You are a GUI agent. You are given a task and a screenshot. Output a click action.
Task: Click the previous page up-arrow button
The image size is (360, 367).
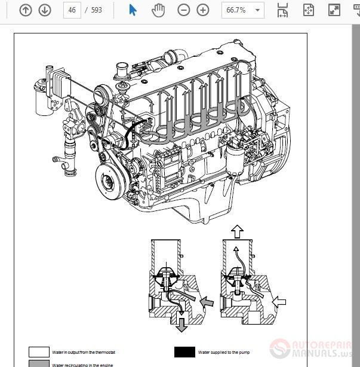click(26, 10)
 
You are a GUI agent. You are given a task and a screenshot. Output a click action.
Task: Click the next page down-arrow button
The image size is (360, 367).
click(45, 10)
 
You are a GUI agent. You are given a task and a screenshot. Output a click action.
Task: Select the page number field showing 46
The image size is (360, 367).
click(72, 10)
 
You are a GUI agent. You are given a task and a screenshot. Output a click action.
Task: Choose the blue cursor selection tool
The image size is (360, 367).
click(133, 10)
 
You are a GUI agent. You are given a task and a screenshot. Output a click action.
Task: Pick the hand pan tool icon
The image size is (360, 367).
click(158, 10)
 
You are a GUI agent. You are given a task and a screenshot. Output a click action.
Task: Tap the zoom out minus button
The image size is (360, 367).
click(184, 10)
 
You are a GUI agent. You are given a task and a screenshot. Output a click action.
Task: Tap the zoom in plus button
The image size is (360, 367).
click(203, 10)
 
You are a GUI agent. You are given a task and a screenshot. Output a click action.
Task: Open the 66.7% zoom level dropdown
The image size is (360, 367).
click(242, 10)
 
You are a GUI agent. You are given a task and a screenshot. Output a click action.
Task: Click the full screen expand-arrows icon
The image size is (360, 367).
click(334, 10)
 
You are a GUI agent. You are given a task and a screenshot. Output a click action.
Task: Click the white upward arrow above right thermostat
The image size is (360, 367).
click(237, 230)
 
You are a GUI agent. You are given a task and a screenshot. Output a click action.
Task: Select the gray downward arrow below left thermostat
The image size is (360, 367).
click(181, 325)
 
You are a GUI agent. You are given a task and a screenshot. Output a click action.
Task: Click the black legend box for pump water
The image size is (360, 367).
click(185, 352)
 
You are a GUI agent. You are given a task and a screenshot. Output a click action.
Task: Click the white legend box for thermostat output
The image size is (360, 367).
click(39, 352)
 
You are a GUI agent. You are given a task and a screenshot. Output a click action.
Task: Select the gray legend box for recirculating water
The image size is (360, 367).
click(39, 363)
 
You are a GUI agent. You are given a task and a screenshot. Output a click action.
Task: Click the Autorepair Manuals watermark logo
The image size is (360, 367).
click(313, 349)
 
